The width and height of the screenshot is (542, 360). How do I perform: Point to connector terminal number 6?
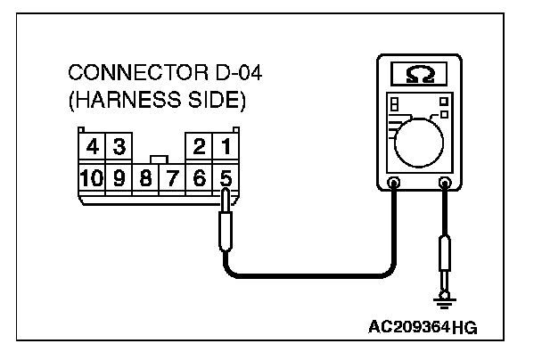pyautogui.click(x=201, y=176)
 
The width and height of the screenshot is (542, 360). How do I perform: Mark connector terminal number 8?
pyautogui.click(x=144, y=176)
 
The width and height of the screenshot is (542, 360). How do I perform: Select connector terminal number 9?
pyautogui.click(x=118, y=176)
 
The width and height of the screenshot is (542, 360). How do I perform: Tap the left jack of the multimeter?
pyautogui.click(x=395, y=185)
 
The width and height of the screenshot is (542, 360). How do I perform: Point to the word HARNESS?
pyautogui.click(x=131, y=97)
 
